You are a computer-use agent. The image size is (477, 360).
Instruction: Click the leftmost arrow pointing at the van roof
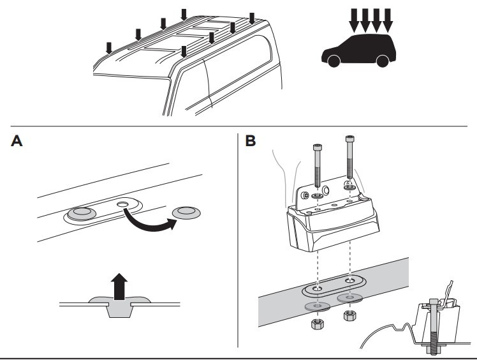pyautogui.click(x=109, y=47)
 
